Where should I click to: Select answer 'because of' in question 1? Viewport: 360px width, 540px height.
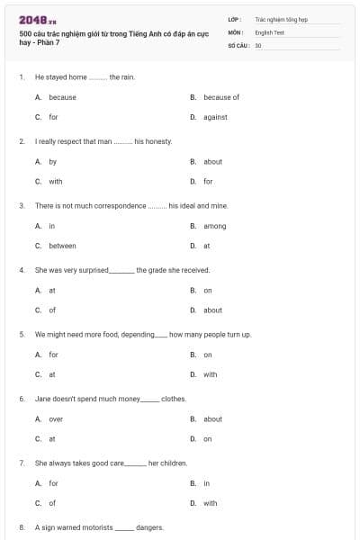coord(220,97)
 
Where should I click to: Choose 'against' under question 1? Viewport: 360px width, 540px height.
coord(214,117)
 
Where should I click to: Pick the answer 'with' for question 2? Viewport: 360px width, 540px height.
coord(55,181)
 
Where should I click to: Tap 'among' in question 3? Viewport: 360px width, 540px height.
coord(214,226)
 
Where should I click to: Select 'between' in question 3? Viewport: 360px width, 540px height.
coord(62,246)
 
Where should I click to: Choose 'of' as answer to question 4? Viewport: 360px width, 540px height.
coord(52,310)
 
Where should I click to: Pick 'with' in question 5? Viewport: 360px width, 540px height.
coord(210,374)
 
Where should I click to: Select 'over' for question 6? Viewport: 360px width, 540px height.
coord(56,419)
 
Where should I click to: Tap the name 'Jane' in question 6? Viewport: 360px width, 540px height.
coord(42,399)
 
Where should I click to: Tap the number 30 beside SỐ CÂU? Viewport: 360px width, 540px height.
coord(258,44)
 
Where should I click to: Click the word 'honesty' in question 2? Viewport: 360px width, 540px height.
coord(153,141)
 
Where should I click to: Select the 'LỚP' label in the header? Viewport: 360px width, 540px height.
coord(234,18)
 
